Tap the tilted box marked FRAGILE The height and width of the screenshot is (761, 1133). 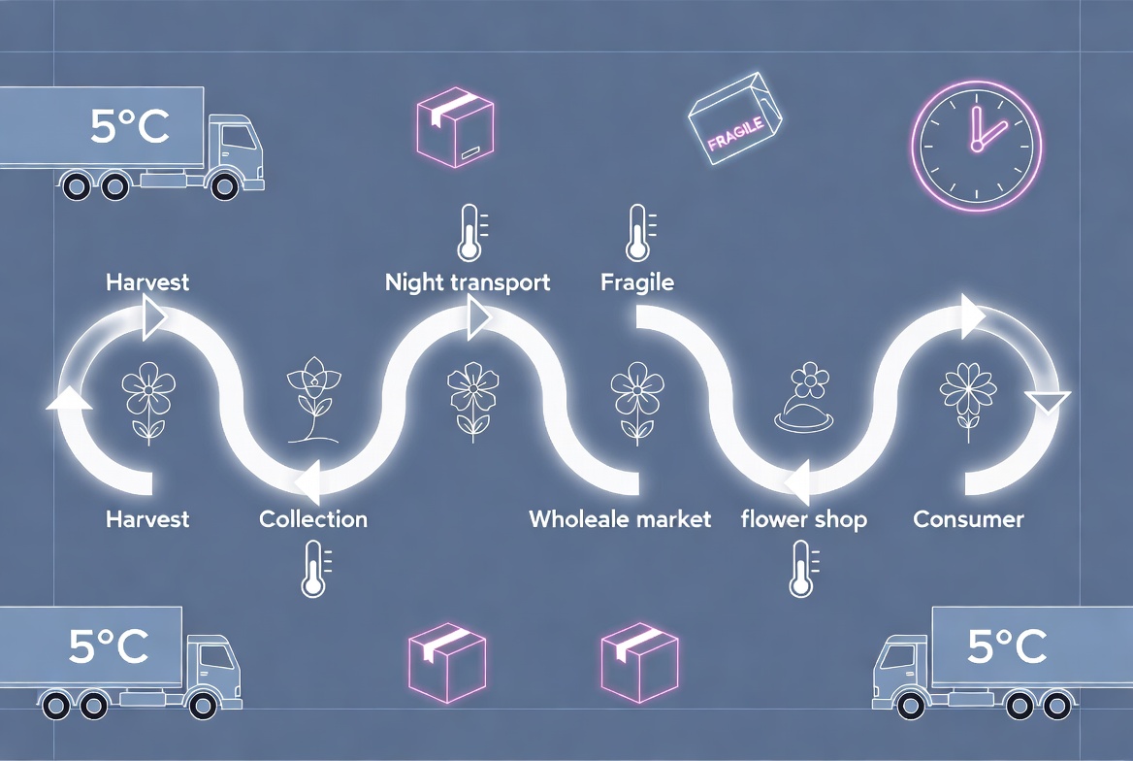(735, 118)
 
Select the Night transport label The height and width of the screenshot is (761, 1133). (468, 282)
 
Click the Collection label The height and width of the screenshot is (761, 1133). (313, 518)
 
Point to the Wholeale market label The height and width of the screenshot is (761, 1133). (620, 518)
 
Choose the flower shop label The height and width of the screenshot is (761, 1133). (803, 519)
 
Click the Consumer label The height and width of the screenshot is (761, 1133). (968, 518)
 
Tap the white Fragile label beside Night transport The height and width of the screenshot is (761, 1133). (637, 282)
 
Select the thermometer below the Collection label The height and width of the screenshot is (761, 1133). (315, 570)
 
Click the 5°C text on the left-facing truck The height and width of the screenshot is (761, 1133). (1007, 646)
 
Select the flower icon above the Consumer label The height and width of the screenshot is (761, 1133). (968, 402)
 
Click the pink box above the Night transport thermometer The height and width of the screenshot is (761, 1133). (455, 127)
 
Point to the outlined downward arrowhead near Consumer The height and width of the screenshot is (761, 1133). (1048, 402)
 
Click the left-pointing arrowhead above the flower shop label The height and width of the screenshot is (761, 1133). (797, 484)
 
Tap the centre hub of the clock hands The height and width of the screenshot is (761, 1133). (977, 147)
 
